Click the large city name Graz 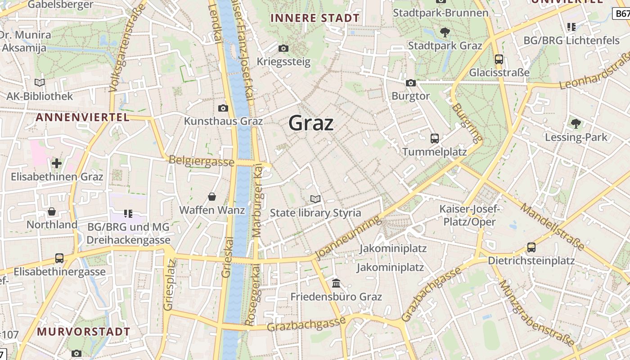tap(311, 123)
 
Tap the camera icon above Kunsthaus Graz tap(223, 108)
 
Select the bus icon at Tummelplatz tap(434, 139)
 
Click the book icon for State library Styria tap(315, 199)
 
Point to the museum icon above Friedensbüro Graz tap(336, 283)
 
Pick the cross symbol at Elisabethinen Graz tap(57, 163)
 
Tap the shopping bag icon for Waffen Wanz tap(211, 197)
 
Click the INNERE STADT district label tap(315, 18)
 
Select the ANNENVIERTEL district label tap(82, 117)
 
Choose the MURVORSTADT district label tap(83, 332)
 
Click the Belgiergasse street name tap(201, 161)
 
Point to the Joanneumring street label tap(349, 237)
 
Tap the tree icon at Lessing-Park tap(576, 123)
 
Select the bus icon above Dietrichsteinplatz tap(531, 247)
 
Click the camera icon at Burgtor tap(410, 83)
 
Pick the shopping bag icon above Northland tap(52, 211)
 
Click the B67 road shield tap(622, 14)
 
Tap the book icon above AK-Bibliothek tap(40, 82)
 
